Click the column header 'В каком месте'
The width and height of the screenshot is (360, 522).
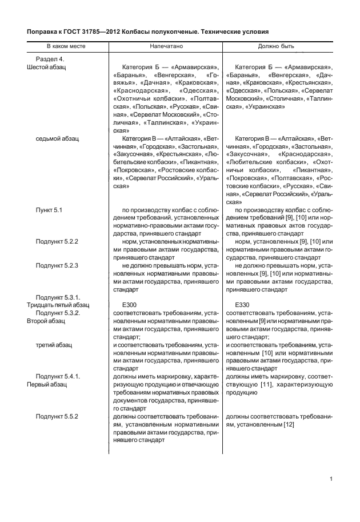tap(66, 45)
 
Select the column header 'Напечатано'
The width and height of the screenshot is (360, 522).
tap(166, 45)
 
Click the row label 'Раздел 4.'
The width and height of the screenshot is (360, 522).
tap(50, 59)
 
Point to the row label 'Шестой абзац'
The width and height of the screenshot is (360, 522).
tap(46, 67)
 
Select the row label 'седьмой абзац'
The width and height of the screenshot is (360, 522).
tap(57, 138)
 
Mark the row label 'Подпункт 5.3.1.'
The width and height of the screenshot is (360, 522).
tap(58, 297)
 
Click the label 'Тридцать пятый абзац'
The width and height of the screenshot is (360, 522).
tap(55, 305)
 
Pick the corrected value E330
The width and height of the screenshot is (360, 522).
tap(242, 305)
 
